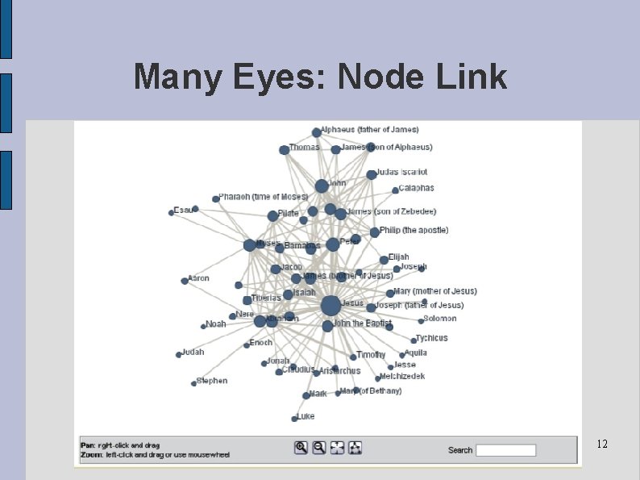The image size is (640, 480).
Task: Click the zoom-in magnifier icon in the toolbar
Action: click(301, 448)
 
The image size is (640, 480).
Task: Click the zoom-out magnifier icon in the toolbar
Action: click(319, 448)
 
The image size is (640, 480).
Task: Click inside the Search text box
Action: click(505, 450)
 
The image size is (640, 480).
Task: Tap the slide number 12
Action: click(602, 445)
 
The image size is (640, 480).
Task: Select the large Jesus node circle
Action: click(330, 306)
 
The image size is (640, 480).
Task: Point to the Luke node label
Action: click(305, 416)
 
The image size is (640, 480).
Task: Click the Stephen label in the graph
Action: click(212, 381)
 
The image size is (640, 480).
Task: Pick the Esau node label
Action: click(182, 210)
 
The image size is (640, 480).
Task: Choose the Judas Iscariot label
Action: click(401, 172)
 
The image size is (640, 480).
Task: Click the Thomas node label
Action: click(304, 148)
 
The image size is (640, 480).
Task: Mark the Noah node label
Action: click(216, 324)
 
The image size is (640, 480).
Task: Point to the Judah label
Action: click(193, 352)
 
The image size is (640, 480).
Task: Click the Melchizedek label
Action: click(403, 376)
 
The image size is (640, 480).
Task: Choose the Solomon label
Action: click(439, 319)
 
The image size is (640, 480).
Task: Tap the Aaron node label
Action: click(198, 278)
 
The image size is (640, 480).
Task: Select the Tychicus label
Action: click(431, 338)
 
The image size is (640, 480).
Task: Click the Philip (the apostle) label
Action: click(414, 230)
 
